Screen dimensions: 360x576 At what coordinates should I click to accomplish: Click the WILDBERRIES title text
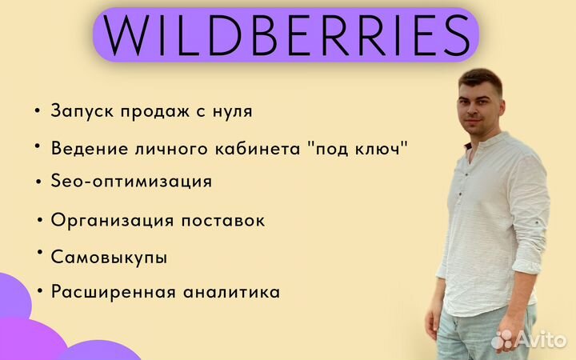tap(286, 34)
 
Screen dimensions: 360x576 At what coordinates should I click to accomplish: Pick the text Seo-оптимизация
tap(131, 181)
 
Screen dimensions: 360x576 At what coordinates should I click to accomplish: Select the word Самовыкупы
tap(109, 258)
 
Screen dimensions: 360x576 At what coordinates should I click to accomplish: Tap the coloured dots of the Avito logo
tap(504, 340)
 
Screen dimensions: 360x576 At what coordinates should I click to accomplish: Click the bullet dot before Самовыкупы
tap(38, 253)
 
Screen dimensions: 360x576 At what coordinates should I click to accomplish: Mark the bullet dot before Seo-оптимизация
tap(38, 181)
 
